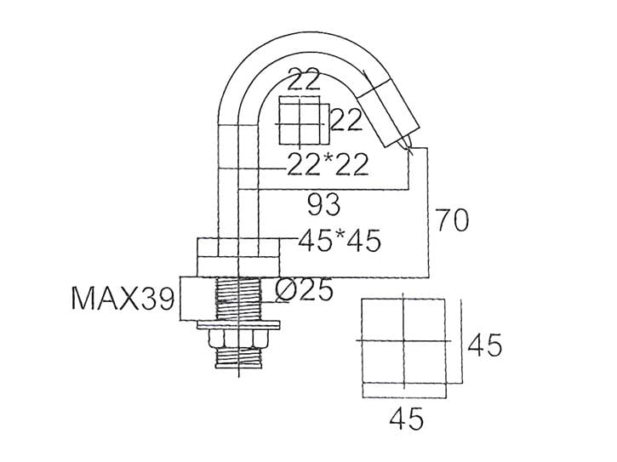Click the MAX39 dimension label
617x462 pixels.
pyautogui.click(x=123, y=299)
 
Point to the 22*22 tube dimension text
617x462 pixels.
pyautogui.click(x=327, y=164)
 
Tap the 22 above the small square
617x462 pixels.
pyautogui.click(x=303, y=81)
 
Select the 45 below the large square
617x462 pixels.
pyautogui.click(x=405, y=419)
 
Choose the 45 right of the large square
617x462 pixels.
pyautogui.click(x=484, y=345)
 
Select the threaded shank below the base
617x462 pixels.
pyautogui.click(x=237, y=299)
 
